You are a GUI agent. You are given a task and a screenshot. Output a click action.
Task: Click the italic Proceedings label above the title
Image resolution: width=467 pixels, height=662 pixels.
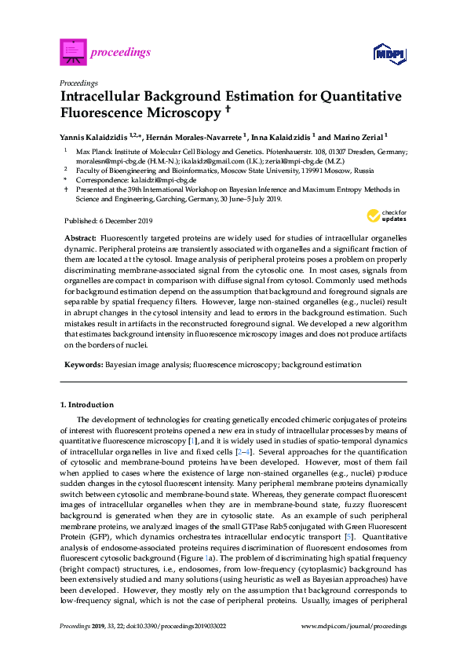(x=78, y=83)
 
